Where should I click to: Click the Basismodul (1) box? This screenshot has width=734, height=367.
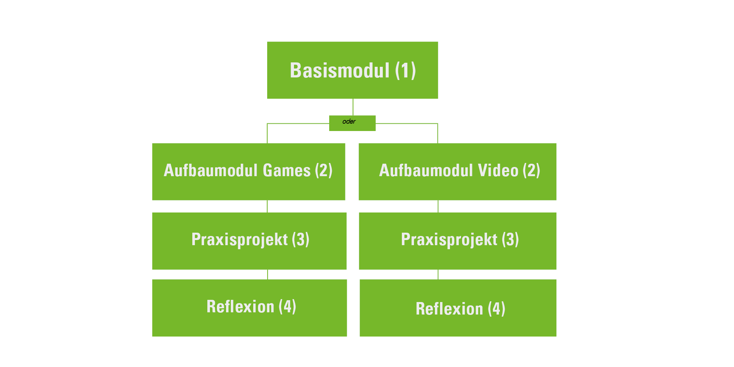coord(352,70)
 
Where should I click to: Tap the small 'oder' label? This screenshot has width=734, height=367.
coord(349,121)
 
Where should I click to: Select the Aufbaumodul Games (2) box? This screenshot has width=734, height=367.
coord(249,172)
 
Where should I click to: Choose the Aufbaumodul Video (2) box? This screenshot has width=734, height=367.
coord(457,172)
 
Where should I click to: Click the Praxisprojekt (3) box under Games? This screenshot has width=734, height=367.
coord(249,241)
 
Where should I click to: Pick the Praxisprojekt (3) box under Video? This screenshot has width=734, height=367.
coord(458,241)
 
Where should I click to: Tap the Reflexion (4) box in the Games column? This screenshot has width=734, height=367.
coord(250,308)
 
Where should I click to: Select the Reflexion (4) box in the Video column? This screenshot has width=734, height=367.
coord(458,308)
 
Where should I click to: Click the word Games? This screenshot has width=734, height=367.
coord(287,170)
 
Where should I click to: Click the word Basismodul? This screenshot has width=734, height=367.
coord(339,70)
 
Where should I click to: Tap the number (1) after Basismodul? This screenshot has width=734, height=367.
coord(406,70)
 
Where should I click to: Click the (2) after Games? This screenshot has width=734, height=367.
coord(324,171)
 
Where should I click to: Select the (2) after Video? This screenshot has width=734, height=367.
coord(531,171)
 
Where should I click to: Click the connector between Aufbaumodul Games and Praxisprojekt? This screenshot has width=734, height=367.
coord(267,206)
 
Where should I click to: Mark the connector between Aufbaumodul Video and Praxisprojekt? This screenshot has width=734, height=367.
coord(438,206)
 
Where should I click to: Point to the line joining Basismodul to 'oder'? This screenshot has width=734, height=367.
coord(353,107)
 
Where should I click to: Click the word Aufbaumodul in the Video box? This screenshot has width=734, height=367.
coord(426,170)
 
